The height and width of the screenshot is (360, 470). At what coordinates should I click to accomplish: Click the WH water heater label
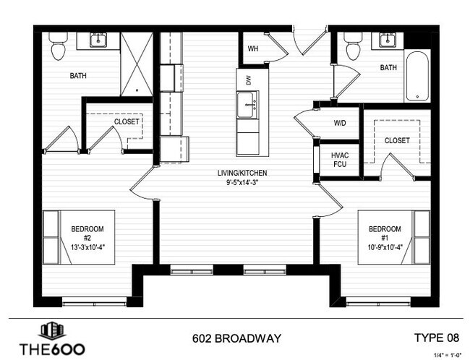coord(253,48)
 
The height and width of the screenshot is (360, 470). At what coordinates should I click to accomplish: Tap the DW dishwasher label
coord(248,80)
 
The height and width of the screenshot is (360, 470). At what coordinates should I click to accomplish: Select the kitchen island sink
coord(248,105)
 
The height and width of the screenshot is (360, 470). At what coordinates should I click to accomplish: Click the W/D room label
coord(340,123)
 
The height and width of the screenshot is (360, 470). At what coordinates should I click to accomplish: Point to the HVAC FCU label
coord(340,160)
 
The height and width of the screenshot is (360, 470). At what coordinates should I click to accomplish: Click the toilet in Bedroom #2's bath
coord(58,46)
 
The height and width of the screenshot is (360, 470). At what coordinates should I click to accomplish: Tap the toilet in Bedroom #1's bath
coord(354,46)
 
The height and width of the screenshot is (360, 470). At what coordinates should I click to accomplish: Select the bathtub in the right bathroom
coord(417,75)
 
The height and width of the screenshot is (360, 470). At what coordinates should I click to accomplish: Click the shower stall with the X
coord(137,64)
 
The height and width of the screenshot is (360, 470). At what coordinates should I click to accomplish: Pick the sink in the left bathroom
coord(98,40)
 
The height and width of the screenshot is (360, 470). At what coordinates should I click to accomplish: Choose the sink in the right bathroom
coord(388,40)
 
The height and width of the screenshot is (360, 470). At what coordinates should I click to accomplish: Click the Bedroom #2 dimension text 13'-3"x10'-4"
coord(87,247)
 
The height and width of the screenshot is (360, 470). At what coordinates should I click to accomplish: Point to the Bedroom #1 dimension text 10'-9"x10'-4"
coord(385,247)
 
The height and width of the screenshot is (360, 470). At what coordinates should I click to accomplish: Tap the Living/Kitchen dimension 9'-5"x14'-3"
coord(242,182)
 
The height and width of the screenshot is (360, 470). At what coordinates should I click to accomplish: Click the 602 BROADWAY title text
coord(236,338)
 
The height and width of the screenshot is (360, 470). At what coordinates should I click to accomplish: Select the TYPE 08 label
coord(437,338)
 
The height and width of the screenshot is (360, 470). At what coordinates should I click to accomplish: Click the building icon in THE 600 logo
coord(52,330)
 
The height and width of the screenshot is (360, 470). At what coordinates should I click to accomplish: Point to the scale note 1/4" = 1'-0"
coord(445,355)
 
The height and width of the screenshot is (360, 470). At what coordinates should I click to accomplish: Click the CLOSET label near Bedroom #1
coord(397,140)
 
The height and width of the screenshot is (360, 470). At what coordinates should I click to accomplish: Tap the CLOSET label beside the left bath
coord(127,121)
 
